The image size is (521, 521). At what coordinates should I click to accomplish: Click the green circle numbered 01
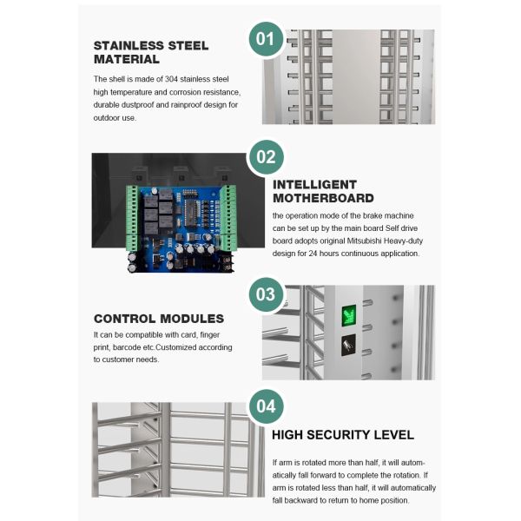[266, 39]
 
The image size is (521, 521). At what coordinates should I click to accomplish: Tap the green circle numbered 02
[266, 157]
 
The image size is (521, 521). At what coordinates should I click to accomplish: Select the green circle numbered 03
[266, 294]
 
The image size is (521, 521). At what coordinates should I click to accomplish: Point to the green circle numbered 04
[266, 406]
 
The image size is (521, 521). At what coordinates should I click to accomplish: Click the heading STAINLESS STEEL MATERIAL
[151, 52]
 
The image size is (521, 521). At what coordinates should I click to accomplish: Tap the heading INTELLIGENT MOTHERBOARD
[323, 191]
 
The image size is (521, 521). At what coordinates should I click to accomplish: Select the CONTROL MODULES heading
[159, 319]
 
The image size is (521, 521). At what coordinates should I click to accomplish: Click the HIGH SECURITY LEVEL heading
[343, 435]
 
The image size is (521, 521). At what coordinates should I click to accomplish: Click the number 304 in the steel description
[171, 79]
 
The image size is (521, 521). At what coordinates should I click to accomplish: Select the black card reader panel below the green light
[348, 345]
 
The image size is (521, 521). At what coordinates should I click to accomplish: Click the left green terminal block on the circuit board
[132, 218]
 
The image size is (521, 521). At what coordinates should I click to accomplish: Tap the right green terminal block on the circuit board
[228, 218]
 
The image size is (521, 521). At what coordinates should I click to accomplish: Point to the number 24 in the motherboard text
[313, 254]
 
